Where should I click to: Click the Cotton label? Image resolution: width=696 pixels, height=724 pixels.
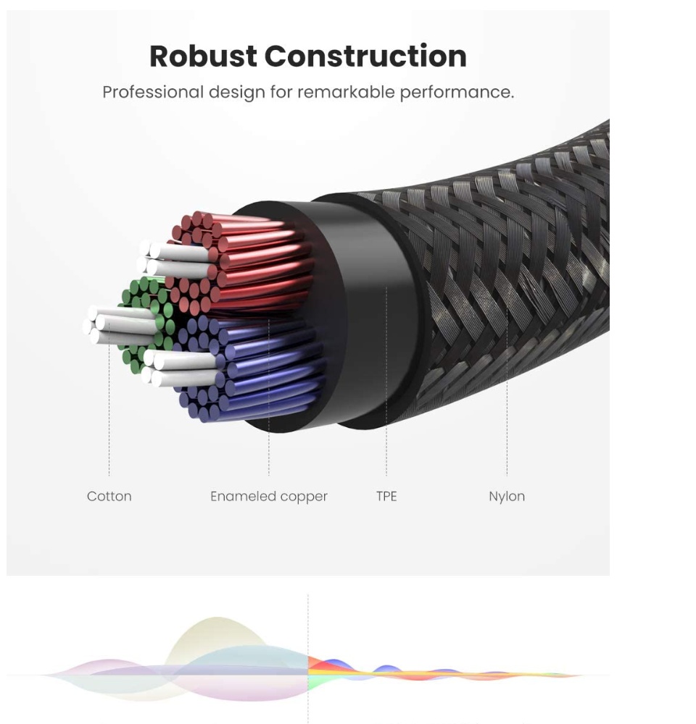(x=109, y=497)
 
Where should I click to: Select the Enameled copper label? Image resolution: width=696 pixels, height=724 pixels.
(x=268, y=497)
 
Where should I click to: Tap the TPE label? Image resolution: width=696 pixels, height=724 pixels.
(x=386, y=497)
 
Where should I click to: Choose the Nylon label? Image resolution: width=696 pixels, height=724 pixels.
(x=507, y=497)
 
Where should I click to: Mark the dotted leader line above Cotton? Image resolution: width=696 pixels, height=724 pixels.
(x=109, y=420)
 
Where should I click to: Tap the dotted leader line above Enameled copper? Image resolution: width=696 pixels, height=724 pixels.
(x=268, y=442)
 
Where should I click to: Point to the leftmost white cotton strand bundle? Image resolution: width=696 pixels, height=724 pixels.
(x=116, y=324)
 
